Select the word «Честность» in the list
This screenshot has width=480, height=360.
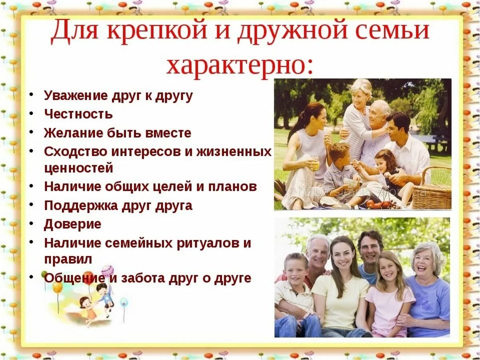click(78, 114)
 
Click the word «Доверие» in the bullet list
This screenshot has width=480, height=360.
click(72, 224)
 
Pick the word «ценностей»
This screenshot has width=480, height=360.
click(78, 168)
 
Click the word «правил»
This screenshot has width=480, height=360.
click(68, 259)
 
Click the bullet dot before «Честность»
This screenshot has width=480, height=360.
click(31, 114)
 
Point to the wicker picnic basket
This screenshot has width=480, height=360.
click(432, 192)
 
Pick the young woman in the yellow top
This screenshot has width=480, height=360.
click(341, 288)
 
